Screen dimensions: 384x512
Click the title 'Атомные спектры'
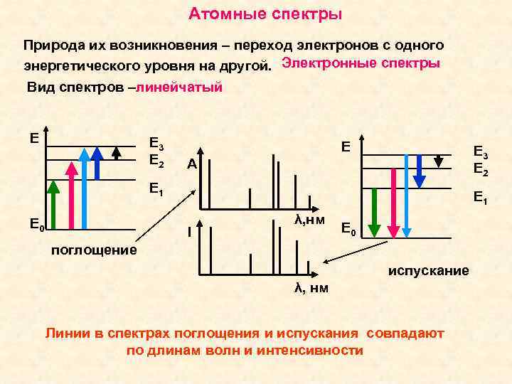pyautogui.click(x=265, y=14)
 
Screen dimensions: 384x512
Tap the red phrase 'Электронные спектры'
pyautogui.click(x=361, y=63)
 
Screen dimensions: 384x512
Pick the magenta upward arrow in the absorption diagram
pyautogui.click(x=71, y=195)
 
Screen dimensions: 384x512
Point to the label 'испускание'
pyautogui.click(x=428, y=271)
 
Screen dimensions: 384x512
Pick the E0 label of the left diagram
pyautogui.click(x=37, y=227)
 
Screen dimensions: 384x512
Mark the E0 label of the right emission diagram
pyautogui.click(x=348, y=229)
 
